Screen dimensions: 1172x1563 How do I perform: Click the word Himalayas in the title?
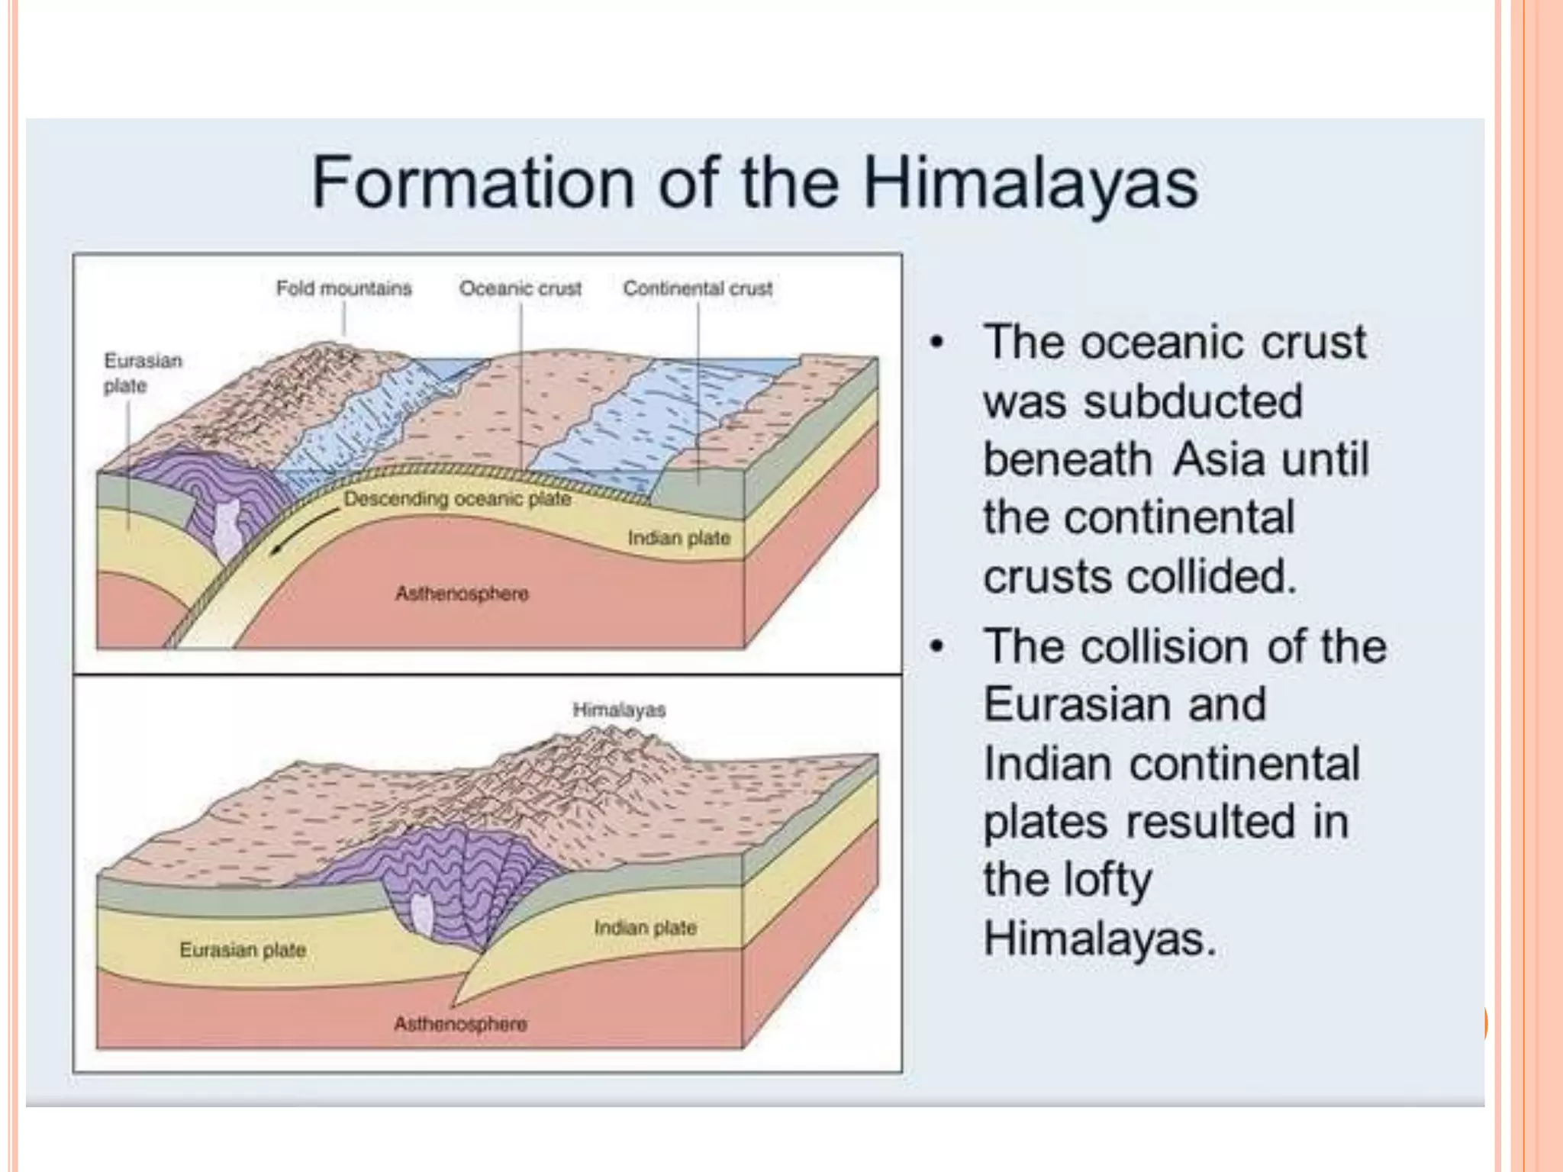(1030, 183)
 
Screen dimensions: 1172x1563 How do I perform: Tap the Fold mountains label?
(343, 288)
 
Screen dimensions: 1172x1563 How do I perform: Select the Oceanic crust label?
(520, 288)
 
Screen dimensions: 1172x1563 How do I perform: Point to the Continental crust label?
(698, 288)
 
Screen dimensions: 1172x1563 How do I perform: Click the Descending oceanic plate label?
(457, 499)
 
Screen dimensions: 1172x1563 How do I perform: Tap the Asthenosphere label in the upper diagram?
(462, 593)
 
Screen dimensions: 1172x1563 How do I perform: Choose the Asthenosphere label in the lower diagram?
(460, 1023)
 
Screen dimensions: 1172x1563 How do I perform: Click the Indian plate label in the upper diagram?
(679, 538)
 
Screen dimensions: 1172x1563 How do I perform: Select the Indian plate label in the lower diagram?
(645, 928)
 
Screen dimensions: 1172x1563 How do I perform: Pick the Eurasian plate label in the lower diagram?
(243, 950)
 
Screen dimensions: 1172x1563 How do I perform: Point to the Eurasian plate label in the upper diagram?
(143, 373)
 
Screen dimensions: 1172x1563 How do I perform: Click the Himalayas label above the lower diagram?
(619, 710)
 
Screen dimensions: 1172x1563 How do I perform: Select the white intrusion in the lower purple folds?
(421, 916)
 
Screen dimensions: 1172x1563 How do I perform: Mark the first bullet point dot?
(937, 341)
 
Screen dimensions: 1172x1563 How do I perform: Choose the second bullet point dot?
(937, 646)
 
